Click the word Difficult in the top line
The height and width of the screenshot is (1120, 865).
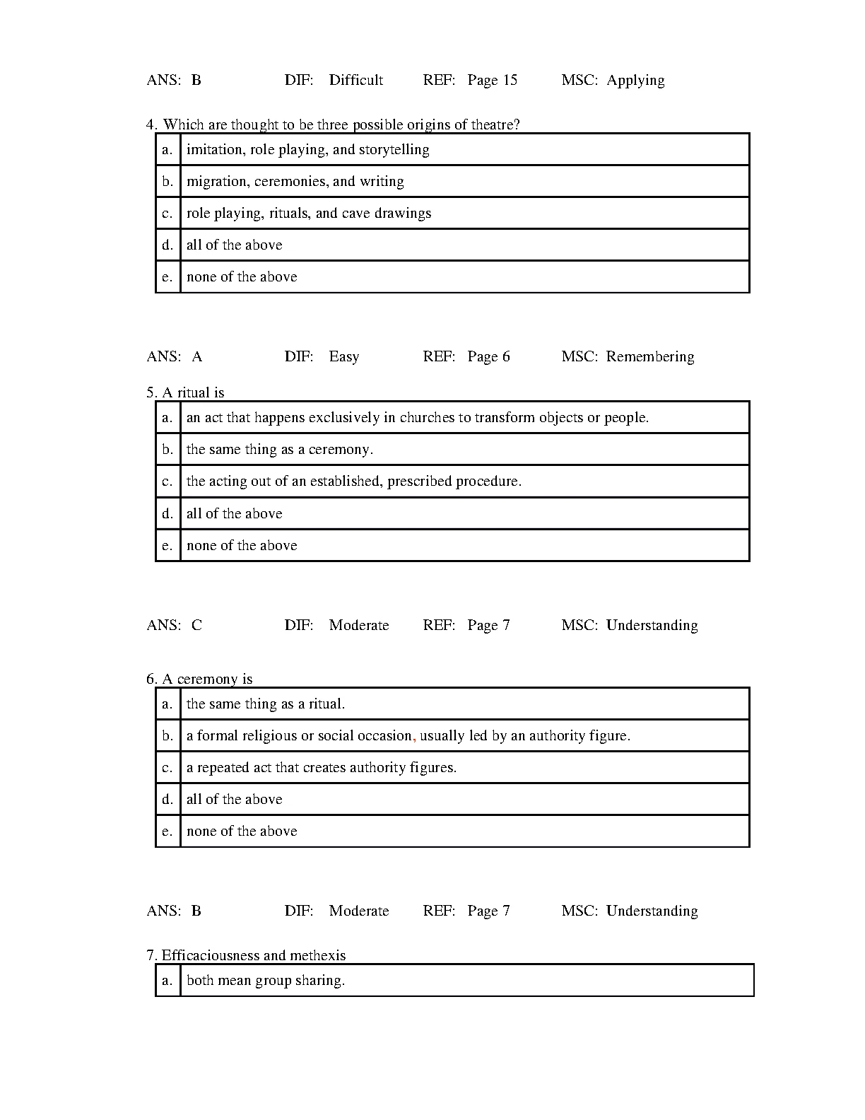pyautogui.click(x=355, y=80)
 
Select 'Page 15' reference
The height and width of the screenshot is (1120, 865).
pyautogui.click(x=492, y=80)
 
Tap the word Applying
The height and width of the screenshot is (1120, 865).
pyautogui.click(x=635, y=81)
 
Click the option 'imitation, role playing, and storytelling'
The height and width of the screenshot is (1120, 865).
pyautogui.click(x=307, y=149)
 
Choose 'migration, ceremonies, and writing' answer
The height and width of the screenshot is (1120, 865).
pyautogui.click(x=295, y=181)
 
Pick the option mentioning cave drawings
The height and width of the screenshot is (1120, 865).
pyautogui.click(x=308, y=213)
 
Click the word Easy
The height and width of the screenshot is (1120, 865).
pyautogui.click(x=343, y=356)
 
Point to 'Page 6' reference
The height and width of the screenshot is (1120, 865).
pyautogui.click(x=488, y=356)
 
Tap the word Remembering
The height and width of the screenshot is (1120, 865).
pyautogui.click(x=649, y=356)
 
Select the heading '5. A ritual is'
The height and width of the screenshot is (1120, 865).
pyautogui.click(x=185, y=392)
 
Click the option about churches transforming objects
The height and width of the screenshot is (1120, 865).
pyautogui.click(x=417, y=417)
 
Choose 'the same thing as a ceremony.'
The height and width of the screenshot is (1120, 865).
pyautogui.click(x=279, y=449)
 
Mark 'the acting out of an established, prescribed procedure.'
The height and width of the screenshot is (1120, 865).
pyautogui.click(x=353, y=481)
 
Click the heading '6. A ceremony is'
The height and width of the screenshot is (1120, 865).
pyautogui.click(x=199, y=679)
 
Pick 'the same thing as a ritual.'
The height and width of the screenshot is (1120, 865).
pyautogui.click(x=265, y=704)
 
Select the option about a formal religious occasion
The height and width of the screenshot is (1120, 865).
pyautogui.click(x=408, y=735)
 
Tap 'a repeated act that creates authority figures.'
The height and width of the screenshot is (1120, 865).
pyautogui.click(x=321, y=767)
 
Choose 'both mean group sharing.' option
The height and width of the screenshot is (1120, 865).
pyautogui.click(x=265, y=980)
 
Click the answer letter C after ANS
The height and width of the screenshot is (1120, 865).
pyautogui.click(x=196, y=625)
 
